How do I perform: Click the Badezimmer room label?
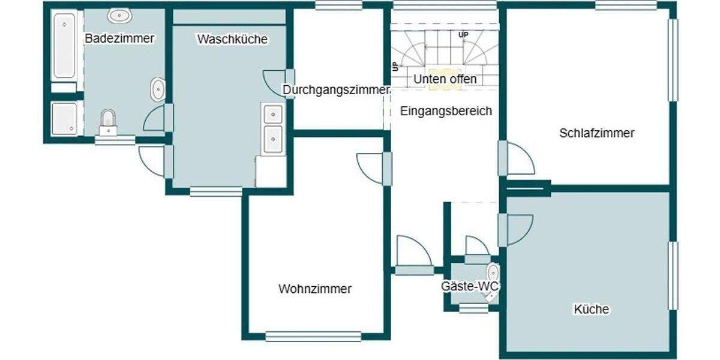tap(119, 38)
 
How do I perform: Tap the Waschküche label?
tap(232, 39)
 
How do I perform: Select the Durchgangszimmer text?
tap(336, 90)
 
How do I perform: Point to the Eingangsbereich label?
tap(446, 110)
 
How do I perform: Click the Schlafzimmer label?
tap(596, 133)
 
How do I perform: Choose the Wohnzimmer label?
tap(315, 289)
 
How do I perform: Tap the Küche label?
tap(591, 310)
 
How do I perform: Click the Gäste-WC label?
tap(470, 287)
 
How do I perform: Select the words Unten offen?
tap(445, 79)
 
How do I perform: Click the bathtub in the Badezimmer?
tap(64, 46)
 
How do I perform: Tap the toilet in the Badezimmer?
tap(108, 122)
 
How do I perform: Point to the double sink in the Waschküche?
tap(272, 128)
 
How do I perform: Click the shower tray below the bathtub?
tap(64, 118)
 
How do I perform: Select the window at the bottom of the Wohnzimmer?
tap(313, 336)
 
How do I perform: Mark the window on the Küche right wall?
tap(673, 275)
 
